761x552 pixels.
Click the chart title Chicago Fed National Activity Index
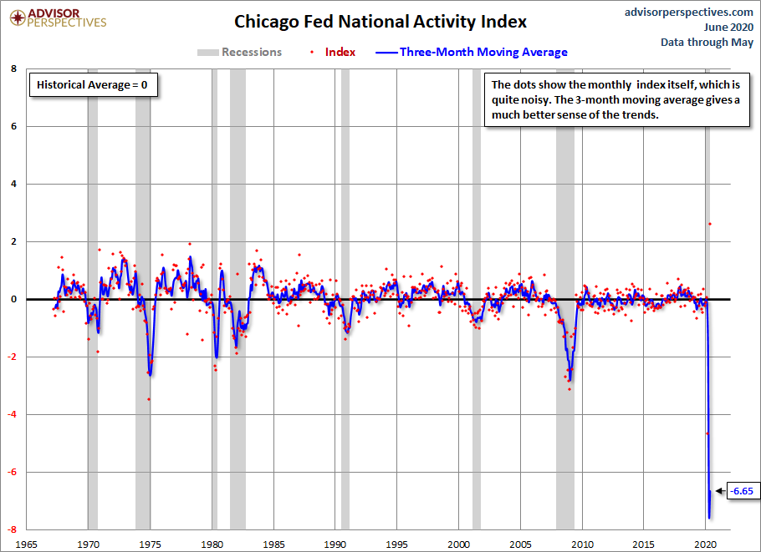pyautogui.click(x=380, y=22)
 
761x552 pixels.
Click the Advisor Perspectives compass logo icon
pyautogui.click(x=18, y=18)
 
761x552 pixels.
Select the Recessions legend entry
pyautogui.click(x=239, y=52)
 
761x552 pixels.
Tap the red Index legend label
pyautogui.click(x=340, y=52)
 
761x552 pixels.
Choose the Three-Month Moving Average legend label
pyautogui.click(x=483, y=52)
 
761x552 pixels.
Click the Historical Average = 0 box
pyautogui.click(x=93, y=85)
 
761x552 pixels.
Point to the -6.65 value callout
pyautogui.click(x=742, y=491)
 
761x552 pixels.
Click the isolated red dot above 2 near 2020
pyautogui.click(x=709, y=224)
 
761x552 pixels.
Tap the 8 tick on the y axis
pyautogui.click(x=13, y=68)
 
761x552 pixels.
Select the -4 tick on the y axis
pyautogui.click(x=12, y=414)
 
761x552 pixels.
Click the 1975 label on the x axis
pyautogui.click(x=150, y=544)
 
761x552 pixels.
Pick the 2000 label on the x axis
pyautogui.click(x=458, y=544)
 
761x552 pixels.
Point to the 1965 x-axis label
pyautogui.click(x=26, y=544)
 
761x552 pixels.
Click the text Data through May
pyautogui.click(x=707, y=43)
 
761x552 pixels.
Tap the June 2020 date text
pyautogui.click(x=728, y=27)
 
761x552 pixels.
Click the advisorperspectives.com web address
pyautogui.click(x=689, y=13)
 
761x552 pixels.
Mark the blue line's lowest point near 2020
pyautogui.click(x=709, y=518)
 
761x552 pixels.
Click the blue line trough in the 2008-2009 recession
pyautogui.click(x=569, y=381)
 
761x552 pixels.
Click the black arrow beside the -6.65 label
pyautogui.click(x=721, y=491)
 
